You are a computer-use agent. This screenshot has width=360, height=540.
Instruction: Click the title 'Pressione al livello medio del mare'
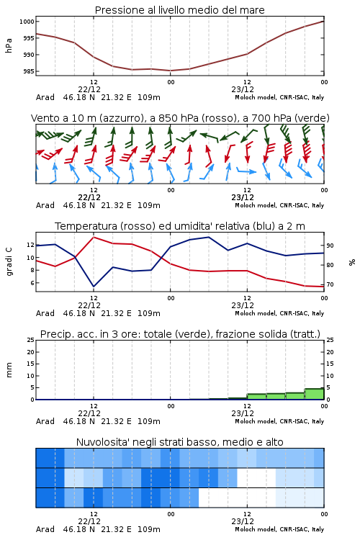click(179, 10)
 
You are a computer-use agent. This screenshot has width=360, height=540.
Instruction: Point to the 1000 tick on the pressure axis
click(27, 22)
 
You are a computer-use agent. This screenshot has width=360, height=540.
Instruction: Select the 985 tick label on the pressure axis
click(28, 71)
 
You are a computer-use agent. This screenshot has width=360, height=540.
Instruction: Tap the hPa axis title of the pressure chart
click(9, 45)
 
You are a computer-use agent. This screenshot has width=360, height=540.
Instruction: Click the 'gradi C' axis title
click(9, 262)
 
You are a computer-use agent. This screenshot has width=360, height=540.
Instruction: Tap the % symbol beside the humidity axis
click(352, 262)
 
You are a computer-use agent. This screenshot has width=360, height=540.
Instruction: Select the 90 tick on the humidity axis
click(330, 246)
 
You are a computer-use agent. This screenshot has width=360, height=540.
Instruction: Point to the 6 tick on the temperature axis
click(32, 283)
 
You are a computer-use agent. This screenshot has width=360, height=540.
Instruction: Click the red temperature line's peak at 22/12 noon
click(94, 237)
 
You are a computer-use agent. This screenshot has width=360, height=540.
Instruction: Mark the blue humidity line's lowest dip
click(94, 287)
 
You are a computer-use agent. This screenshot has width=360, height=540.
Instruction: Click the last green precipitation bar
click(314, 394)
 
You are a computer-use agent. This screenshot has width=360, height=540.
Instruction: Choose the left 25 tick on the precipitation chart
click(31, 340)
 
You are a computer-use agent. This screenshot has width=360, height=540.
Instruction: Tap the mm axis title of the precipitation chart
click(9, 370)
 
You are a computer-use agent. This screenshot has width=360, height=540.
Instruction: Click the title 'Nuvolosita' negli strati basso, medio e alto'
click(179, 442)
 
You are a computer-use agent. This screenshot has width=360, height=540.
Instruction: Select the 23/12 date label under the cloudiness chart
click(243, 521)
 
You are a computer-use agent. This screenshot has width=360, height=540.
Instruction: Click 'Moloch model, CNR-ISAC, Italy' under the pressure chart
click(279, 97)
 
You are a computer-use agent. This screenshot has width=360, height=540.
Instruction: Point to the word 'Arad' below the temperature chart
click(45, 313)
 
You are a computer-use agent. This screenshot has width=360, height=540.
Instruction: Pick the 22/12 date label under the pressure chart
click(89, 89)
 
